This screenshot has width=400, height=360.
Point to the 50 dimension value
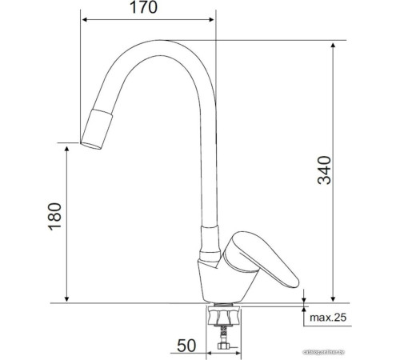click(186, 346)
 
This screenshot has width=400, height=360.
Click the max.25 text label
click(329, 318)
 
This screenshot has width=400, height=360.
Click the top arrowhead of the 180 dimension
click(66, 148)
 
